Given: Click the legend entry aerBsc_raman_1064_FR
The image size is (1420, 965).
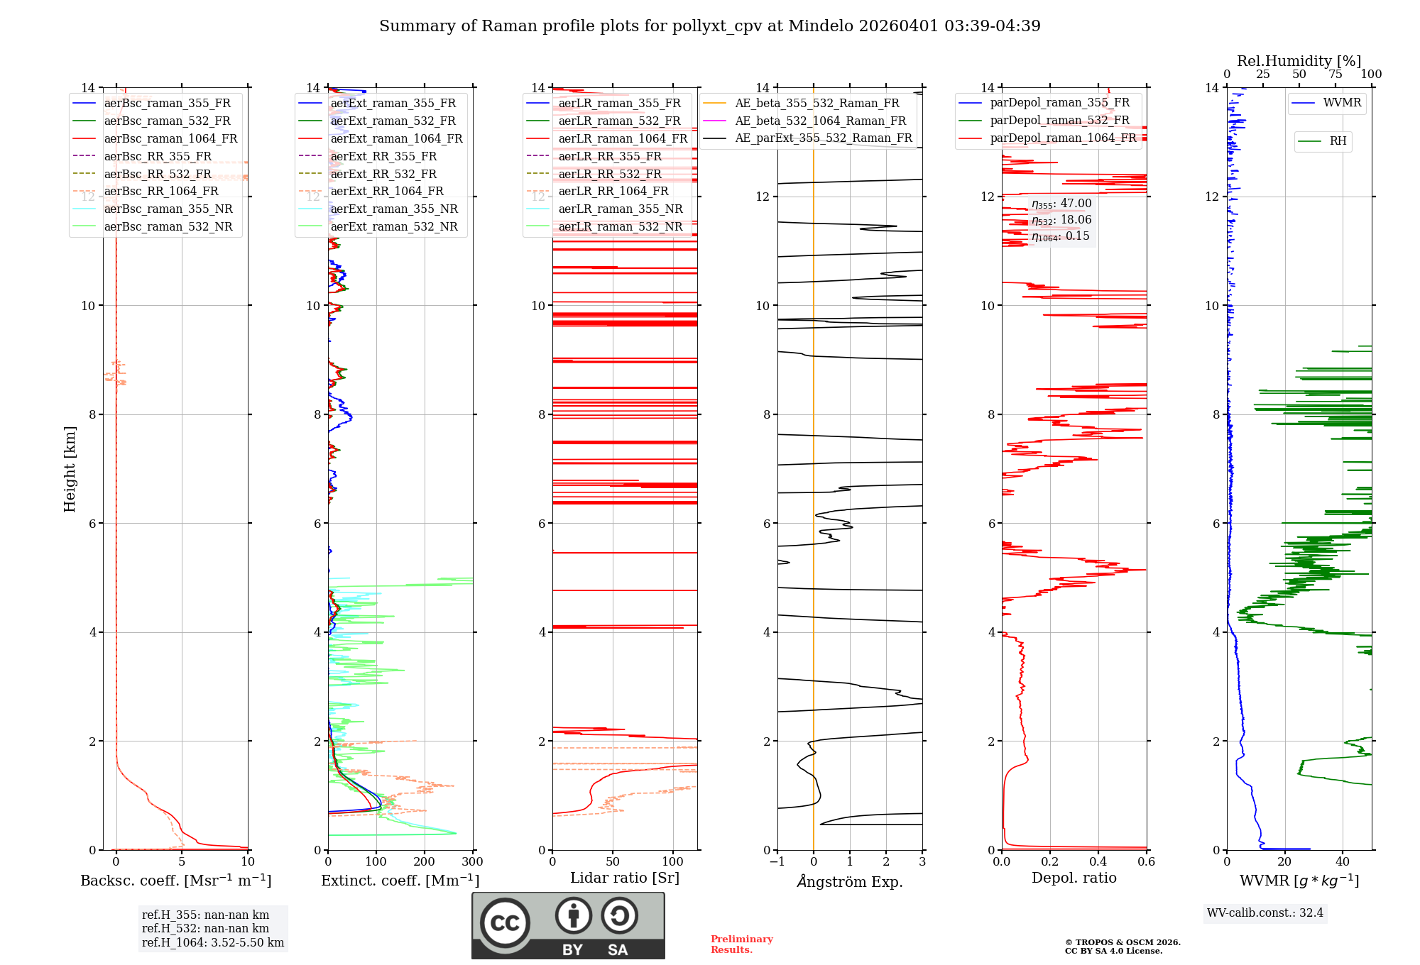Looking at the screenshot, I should [170, 139].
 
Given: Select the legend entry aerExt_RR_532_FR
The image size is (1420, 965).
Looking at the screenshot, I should [383, 174].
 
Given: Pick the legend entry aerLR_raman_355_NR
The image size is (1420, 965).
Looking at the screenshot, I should [620, 209].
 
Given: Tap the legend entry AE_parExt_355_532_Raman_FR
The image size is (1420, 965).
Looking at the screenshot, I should [823, 138].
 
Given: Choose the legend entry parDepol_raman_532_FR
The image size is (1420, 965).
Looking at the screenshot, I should [1059, 121].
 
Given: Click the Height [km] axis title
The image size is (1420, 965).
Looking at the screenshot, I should [70, 468].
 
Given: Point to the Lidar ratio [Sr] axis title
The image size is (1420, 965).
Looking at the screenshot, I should [624, 878].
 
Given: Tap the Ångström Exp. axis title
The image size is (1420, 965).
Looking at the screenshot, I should [849, 881].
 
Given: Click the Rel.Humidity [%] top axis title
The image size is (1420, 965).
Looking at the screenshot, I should [1299, 61].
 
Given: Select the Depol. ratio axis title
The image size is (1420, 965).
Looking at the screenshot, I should [1074, 878].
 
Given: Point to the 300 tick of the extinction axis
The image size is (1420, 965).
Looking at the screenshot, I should [472, 862].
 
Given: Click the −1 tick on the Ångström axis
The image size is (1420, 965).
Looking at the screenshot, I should [777, 862].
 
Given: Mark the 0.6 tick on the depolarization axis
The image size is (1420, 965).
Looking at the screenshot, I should [1146, 862].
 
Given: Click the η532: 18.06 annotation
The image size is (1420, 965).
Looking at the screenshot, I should [1061, 220].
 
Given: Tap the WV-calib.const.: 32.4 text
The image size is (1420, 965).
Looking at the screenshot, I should [1265, 912].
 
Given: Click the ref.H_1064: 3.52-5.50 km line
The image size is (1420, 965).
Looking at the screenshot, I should [212, 943].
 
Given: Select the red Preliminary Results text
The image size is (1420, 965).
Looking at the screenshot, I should [741, 944].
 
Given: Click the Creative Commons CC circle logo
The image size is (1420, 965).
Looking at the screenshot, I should [505, 922].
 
